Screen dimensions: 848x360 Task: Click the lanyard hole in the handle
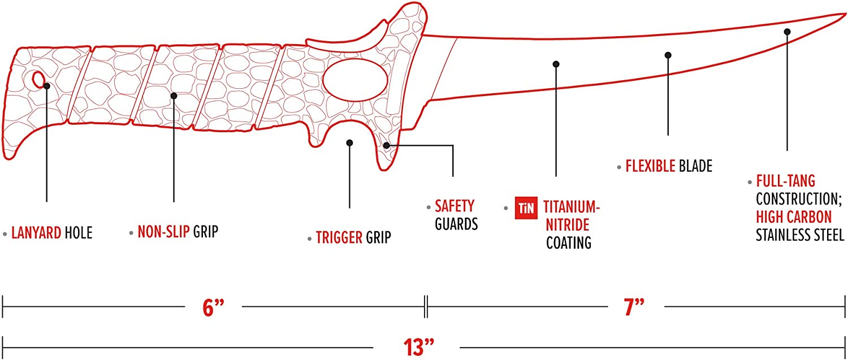coord(38,80)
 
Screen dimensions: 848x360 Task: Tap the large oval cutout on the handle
coord(355,80)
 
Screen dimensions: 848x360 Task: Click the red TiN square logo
coord(526,208)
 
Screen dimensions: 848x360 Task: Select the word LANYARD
coord(36,233)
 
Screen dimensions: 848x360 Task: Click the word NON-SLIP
coord(163,232)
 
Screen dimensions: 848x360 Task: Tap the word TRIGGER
coord(339,238)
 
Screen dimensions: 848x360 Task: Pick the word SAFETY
coord(455,206)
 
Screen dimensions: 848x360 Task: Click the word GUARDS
coord(456,224)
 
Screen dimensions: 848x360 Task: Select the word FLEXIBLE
coord(650,166)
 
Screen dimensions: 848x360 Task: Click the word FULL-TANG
coord(786,181)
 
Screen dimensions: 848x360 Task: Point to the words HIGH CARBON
coord(794,217)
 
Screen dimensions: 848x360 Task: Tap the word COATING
coord(569,242)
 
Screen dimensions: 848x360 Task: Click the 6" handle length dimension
coord(214,307)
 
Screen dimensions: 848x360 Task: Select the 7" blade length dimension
coord(634,307)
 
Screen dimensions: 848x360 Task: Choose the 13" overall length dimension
coord(418,347)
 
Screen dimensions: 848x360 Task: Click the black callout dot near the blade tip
coord(787,32)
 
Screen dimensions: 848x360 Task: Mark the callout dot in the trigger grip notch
coord(349,143)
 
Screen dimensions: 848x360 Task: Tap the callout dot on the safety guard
coord(386,145)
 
